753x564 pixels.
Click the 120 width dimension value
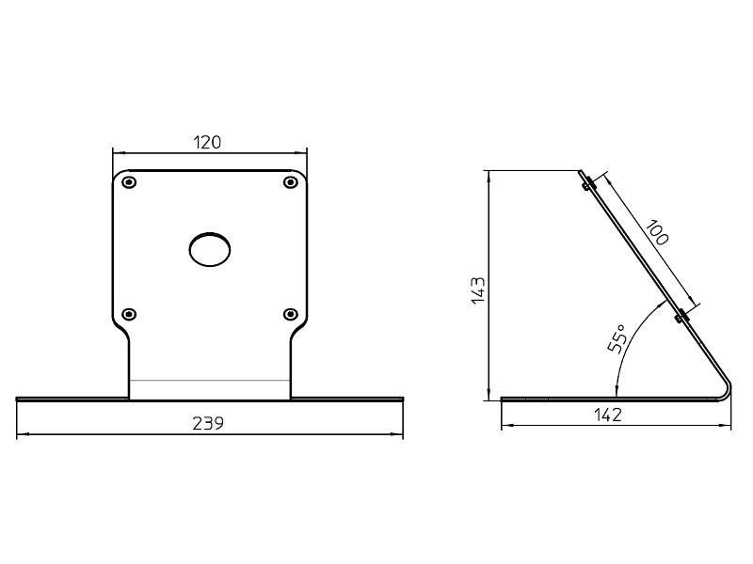coord(208,142)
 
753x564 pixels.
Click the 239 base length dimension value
coord(208,423)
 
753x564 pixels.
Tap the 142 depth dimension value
coord(610,415)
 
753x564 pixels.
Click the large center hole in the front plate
coord(210,249)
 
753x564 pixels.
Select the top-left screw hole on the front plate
coord(130,181)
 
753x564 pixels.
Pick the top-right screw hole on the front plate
coord(290,181)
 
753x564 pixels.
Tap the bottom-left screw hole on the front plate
coord(130,313)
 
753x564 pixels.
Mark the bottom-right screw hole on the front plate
coord(290,313)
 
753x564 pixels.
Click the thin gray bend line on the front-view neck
coord(210,380)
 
